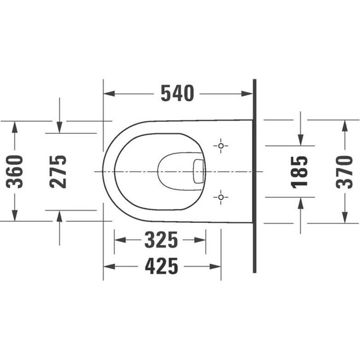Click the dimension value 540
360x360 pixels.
176,93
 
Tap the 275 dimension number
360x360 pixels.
59,171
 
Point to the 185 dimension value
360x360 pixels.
301,171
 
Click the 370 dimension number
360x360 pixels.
345,171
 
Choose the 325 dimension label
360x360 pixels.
160,240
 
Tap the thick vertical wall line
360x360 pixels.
254,177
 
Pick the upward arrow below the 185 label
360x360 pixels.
301,203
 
